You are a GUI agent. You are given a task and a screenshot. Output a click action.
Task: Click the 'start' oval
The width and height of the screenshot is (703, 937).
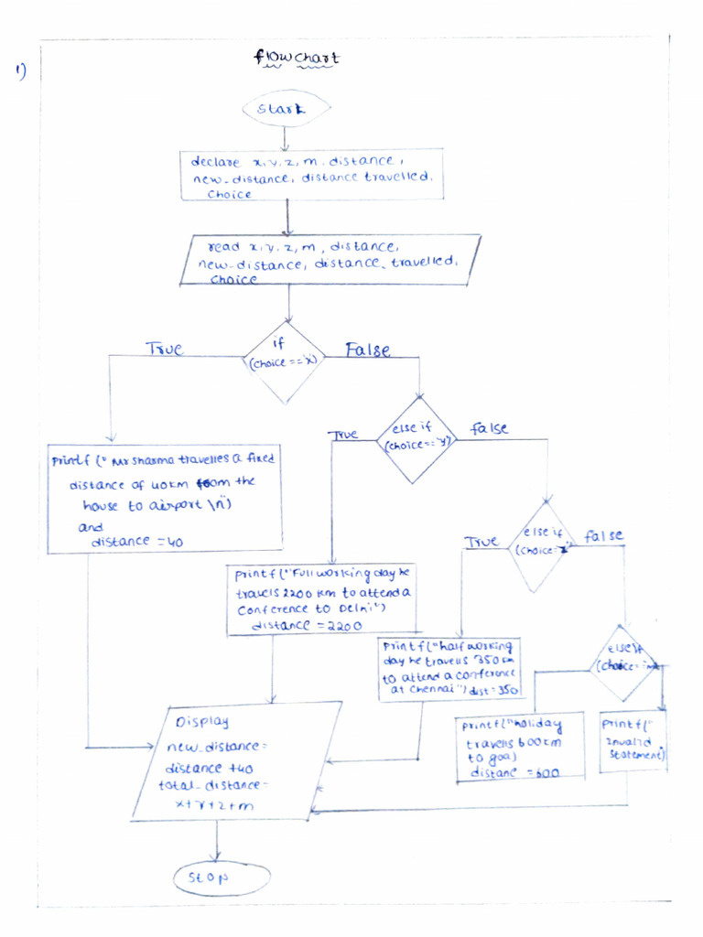[x=287, y=110]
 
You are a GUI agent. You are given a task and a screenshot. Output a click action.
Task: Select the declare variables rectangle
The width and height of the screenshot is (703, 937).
[x=312, y=176]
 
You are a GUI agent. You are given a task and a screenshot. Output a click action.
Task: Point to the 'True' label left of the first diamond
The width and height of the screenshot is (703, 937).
[x=164, y=349]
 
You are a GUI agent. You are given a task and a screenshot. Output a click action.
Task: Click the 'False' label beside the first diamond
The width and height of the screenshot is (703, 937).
[x=368, y=350]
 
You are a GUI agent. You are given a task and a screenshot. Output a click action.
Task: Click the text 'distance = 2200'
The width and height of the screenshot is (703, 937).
[x=306, y=625]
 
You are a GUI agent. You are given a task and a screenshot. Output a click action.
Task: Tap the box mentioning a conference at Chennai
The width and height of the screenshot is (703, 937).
[x=449, y=670]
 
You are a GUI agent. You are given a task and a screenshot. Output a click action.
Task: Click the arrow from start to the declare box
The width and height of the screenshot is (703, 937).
[x=287, y=137]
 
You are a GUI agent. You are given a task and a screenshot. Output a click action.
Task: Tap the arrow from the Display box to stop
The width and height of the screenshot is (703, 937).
[x=217, y=840]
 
